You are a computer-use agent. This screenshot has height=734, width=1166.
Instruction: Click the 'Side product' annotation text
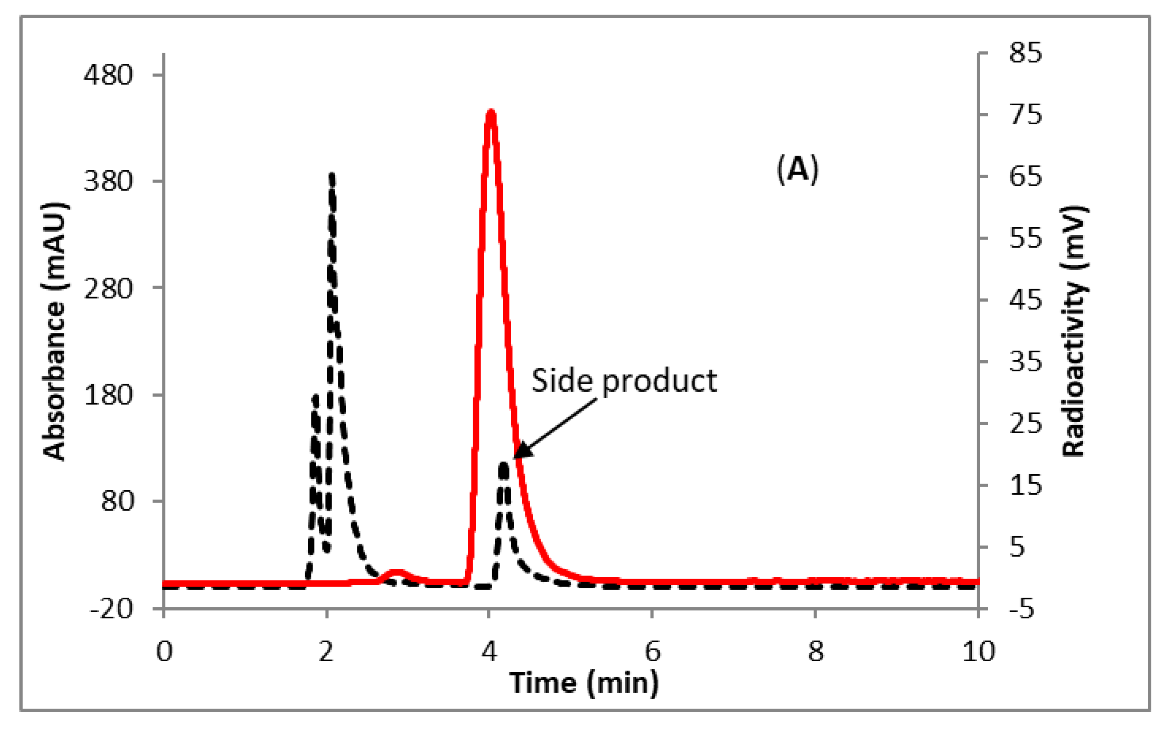coord(624,381)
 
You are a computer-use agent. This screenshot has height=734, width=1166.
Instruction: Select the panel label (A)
coord(798,169)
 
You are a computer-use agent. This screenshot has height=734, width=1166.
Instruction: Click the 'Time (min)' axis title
coord(584,683)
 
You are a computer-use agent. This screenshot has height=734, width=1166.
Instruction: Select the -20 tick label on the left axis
coord(111,608)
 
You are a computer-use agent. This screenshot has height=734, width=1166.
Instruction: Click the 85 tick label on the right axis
coord(1026,52)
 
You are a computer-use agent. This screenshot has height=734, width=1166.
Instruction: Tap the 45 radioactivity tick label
coord(1026,300)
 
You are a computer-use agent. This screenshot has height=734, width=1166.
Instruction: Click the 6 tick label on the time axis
coord(652,651)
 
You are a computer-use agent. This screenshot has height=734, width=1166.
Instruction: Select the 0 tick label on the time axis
coord(164,651)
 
